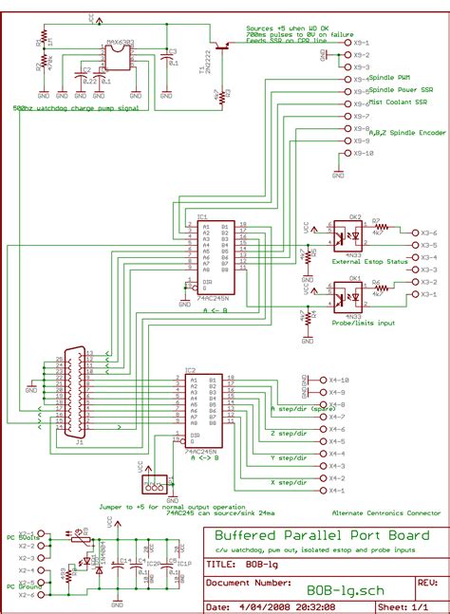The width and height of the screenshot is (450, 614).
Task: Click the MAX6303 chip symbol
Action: point(119,57)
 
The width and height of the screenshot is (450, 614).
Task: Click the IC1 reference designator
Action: point(202,217)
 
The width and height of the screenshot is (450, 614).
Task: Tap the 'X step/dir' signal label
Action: point(289,482)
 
